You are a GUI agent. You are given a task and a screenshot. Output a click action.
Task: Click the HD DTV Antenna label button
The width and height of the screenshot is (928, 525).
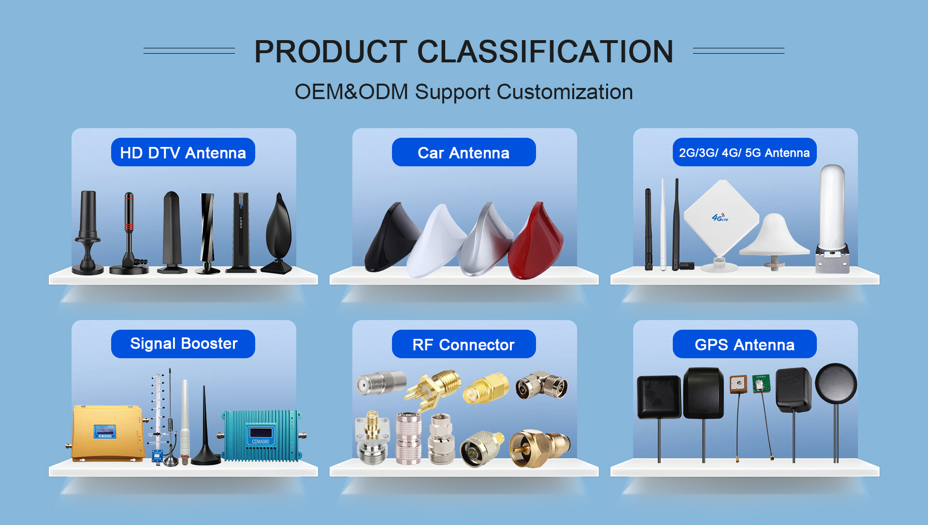pos(183,152)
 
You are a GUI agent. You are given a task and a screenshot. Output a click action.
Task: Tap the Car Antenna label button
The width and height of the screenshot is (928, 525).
pos(464,152)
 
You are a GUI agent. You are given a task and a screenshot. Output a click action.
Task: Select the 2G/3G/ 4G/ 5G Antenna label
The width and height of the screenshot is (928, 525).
pos(744,152)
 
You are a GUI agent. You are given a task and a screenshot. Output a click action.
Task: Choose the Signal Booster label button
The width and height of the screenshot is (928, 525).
pos(183,344)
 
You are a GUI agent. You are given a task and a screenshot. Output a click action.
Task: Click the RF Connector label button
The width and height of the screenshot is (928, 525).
pos(464,344)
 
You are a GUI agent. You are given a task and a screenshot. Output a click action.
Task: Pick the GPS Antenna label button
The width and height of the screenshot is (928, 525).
pos(744,344)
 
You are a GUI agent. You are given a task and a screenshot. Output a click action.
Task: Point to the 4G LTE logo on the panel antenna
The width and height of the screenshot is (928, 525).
pos(720,218)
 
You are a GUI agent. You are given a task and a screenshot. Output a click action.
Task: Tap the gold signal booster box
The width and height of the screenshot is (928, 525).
pos(107,433)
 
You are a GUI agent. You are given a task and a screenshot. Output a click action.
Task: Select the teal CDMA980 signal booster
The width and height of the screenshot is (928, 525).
pos(261,435)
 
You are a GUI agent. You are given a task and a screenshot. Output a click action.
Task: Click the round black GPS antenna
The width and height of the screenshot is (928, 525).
pos(836,384)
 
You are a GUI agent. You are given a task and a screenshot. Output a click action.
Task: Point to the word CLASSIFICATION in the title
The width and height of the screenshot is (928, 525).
pos(545,51)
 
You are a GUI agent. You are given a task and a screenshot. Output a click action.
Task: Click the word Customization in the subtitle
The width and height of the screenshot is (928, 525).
pos(565,92)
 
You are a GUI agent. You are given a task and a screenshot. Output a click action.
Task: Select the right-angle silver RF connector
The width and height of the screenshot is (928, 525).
pos(542,385)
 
